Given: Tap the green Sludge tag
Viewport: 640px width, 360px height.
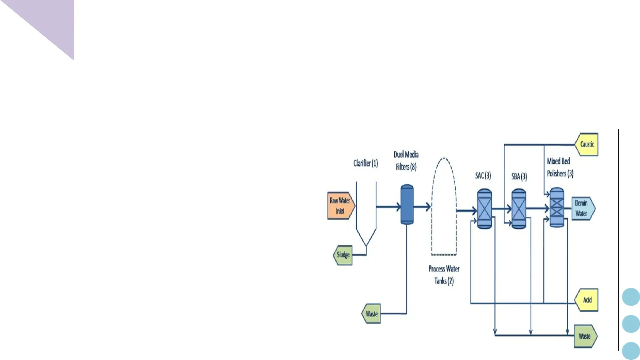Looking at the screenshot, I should point(343,255).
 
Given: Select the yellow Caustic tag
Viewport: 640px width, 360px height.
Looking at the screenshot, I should point(587,144).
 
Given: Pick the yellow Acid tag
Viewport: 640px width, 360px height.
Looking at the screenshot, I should point(587,300).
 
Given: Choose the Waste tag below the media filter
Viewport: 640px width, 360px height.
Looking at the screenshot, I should point(371,314).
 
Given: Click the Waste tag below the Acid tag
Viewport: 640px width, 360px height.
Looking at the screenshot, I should point(585,336).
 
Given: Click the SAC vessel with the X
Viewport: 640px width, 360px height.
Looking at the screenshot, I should point(484,209).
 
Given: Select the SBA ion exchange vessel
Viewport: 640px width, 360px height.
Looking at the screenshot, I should point(519,209).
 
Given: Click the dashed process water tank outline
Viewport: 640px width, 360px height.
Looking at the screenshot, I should point(444,206).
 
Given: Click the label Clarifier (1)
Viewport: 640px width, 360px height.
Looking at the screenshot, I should point(366,163).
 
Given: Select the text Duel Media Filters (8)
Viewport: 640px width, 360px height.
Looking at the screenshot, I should point(406,161).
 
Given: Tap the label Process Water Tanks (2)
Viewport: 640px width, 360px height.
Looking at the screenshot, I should point(444,275).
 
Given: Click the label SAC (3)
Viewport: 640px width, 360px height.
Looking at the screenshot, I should point(483,176).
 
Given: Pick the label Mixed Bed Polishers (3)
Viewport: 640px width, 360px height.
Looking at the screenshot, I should point(560,167).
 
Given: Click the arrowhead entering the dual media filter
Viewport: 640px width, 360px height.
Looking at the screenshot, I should point(398,207).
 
